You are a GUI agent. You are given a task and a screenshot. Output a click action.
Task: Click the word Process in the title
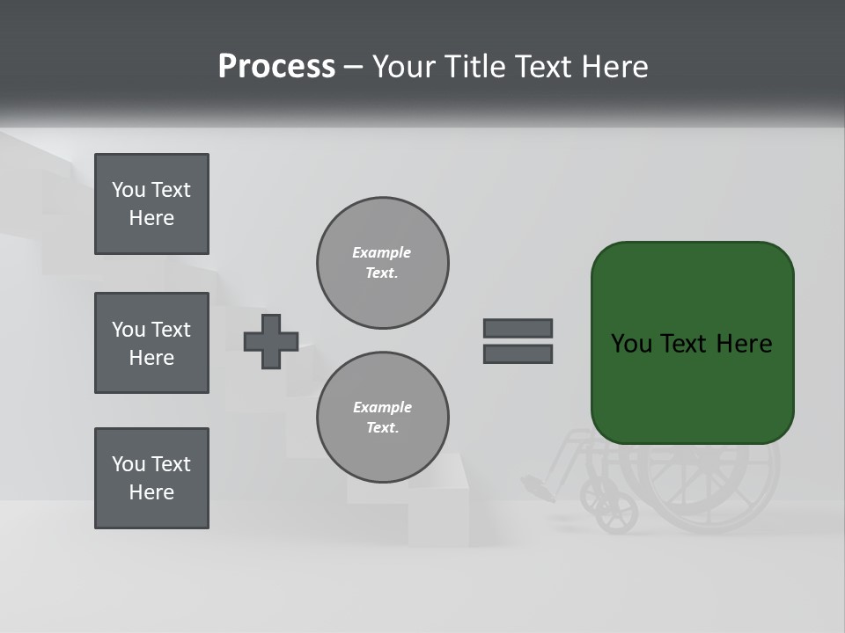tap(276, 67)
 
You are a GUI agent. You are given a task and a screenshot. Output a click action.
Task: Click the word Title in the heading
tap(474, 67)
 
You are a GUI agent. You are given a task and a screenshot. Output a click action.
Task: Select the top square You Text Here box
tap(151, 204)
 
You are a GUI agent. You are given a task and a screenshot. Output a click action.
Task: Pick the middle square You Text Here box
tap(151, 343)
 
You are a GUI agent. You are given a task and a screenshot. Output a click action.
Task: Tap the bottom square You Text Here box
tap(151, 478)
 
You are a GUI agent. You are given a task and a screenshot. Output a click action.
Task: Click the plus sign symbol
tap(271, 341)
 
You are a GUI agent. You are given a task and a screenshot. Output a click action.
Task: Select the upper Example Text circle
tap(382, 263)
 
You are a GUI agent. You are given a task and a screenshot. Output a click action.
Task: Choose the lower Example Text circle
tap(382, 418)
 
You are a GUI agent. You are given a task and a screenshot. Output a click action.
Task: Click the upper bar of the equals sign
tap(518, 328)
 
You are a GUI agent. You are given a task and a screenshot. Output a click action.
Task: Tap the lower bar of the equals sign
tap(518, 354)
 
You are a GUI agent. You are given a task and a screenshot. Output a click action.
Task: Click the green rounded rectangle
tap(692, 387)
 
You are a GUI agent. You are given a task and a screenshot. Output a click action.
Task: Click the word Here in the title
tap(614, 67)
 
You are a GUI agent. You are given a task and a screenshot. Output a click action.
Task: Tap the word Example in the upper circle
tap(381, 252)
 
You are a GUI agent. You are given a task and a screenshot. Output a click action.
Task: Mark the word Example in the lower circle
tap(382, 407)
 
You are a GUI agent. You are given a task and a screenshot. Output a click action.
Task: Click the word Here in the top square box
tap(151, 218)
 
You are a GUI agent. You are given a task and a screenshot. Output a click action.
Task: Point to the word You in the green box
tap(632, 344)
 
